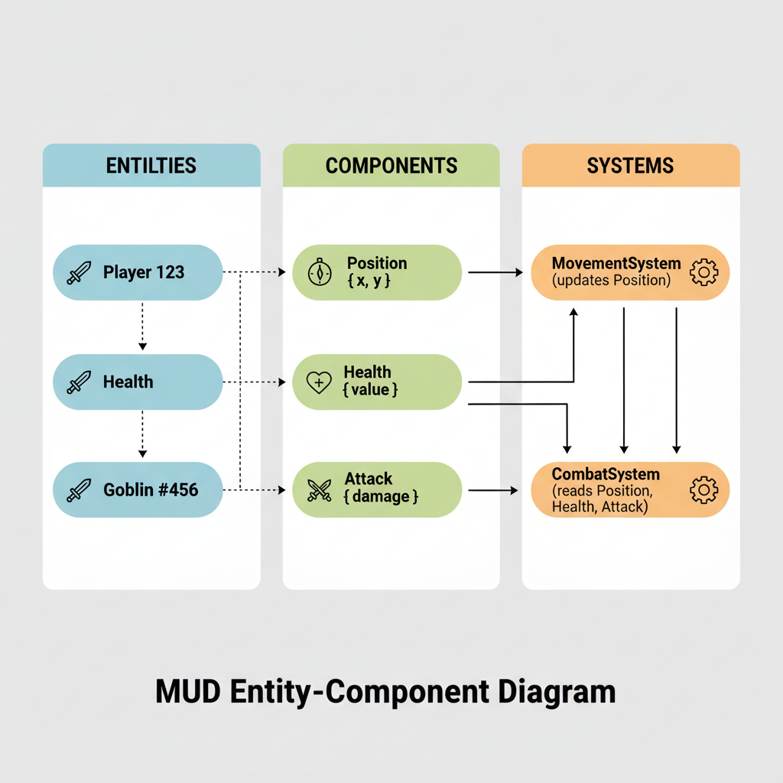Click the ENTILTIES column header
(151, 165)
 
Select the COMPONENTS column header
(391, 165)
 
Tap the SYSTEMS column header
(630, 165)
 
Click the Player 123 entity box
(138, 272)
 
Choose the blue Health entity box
(138, 382)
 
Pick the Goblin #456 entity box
(138, 489)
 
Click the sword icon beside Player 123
(78, 273)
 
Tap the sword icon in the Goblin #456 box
(78, 490)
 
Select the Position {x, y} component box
(377, 272)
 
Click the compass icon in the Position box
(319, 273)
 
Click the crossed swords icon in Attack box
(319, 489)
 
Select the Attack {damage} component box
(377, 489)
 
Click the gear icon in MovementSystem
(703, 272)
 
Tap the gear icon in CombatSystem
(703, 489)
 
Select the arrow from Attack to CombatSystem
(492, 489)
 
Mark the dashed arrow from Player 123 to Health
(142, 326)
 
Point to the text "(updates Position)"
(611, 281)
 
